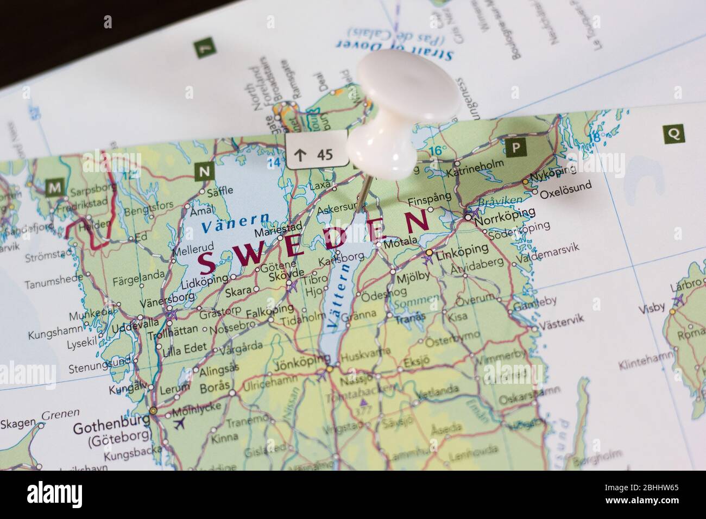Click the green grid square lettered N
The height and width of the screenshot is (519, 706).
[204, 172]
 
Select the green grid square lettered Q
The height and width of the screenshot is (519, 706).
[673, 133]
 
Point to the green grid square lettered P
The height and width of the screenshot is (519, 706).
[516, 148]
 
